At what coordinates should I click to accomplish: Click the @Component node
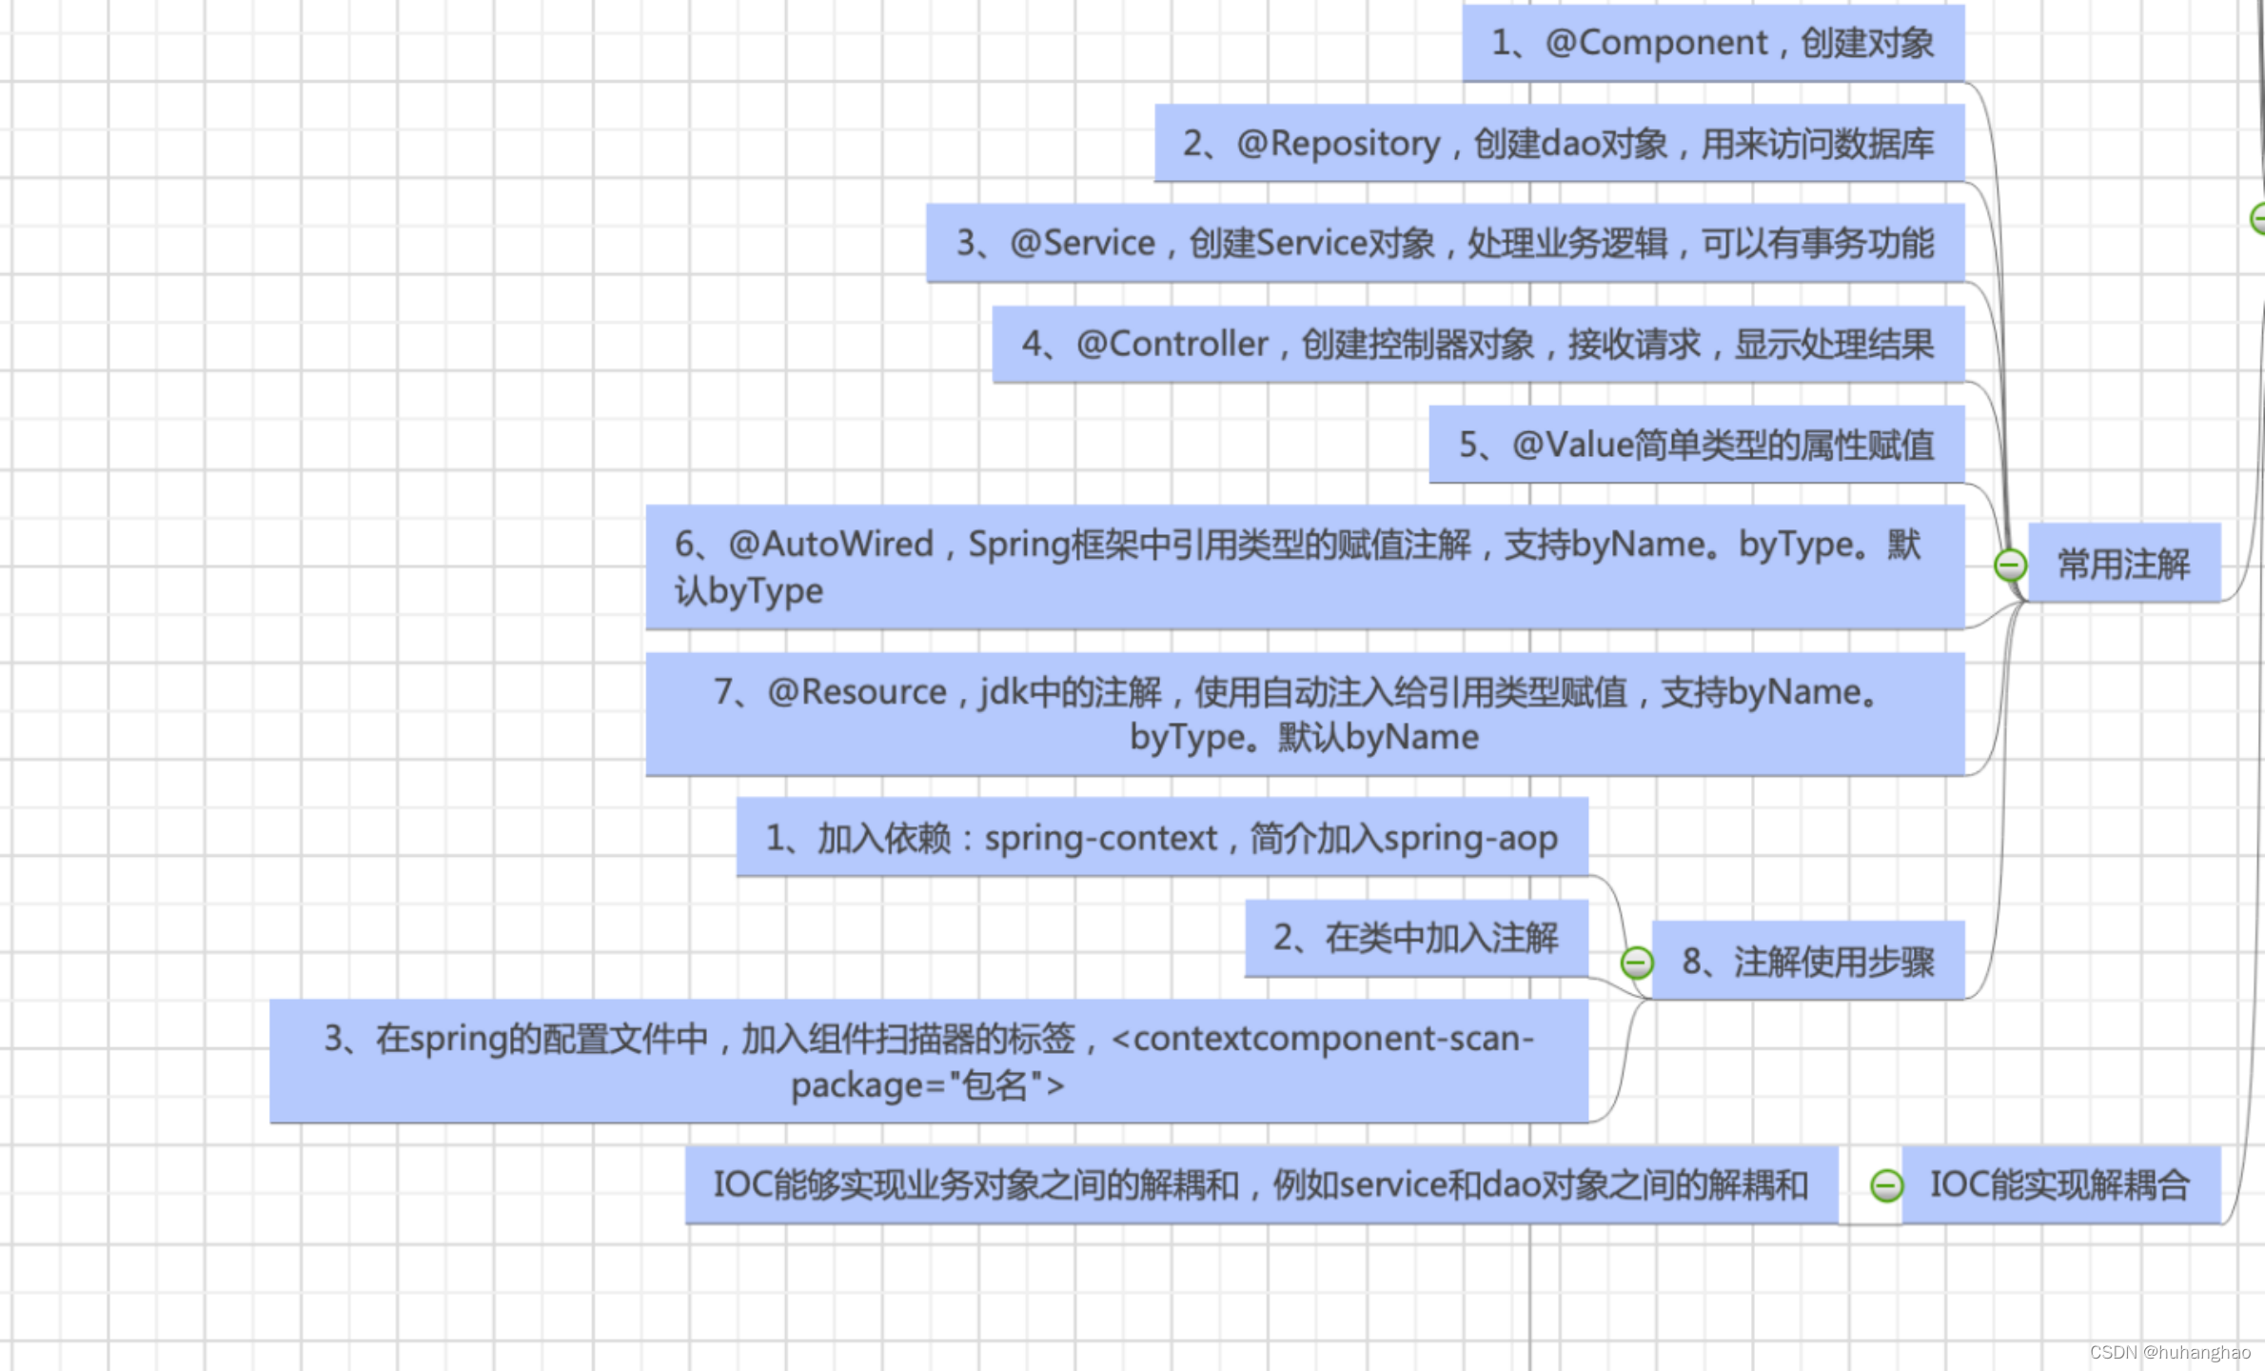1713,43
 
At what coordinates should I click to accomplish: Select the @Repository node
1559,144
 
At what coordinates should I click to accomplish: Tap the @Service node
1445,244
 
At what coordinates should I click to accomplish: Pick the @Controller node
1478,345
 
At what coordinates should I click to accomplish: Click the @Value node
1696,445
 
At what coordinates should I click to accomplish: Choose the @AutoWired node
1304,567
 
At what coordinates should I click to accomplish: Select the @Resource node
1304,714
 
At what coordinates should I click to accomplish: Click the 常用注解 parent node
2124,564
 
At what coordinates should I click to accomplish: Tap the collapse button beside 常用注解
2010,566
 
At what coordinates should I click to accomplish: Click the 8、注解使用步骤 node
1808,962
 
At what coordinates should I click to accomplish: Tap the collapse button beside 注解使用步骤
1637,963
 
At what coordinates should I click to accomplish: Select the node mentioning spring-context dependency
1161,838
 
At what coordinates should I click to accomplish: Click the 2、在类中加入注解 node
1416,939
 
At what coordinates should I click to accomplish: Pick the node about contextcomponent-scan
929,1062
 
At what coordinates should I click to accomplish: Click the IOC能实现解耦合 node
2060,1185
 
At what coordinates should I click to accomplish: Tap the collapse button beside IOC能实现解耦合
1886,1186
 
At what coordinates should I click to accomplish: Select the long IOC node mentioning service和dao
1261,1185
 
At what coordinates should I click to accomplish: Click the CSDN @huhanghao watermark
2170,1353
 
